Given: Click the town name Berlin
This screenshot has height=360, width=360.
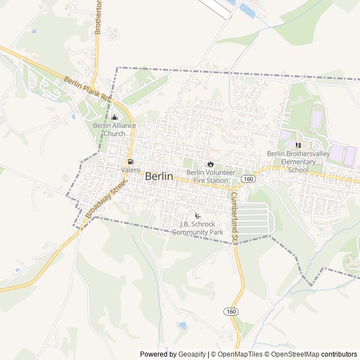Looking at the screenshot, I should click(159, 176).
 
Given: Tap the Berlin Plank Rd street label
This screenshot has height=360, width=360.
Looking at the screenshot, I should click(87, 89).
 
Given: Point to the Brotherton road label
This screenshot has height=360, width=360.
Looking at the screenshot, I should click(98, 17).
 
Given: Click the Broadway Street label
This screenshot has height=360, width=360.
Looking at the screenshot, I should click(104, 199).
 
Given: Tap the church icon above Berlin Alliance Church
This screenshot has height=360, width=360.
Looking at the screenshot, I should click(115, 118).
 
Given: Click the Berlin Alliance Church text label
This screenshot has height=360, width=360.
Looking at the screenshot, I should click(115, 129).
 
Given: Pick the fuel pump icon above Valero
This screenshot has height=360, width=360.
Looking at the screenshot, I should click(130, 161).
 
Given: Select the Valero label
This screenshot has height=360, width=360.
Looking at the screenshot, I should click(130, 169).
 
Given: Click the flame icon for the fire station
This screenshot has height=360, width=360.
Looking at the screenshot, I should click(210, 164).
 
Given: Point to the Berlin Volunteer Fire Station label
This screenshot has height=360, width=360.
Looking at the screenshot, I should click(210, 177).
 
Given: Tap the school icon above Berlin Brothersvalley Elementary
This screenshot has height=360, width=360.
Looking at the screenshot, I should click(298, 145).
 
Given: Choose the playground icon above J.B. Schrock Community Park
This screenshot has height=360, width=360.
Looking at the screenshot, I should click(197, 215).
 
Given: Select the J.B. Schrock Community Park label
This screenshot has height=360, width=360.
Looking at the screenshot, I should click(201, 228).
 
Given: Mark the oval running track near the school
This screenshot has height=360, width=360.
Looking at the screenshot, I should click(317, 119).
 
